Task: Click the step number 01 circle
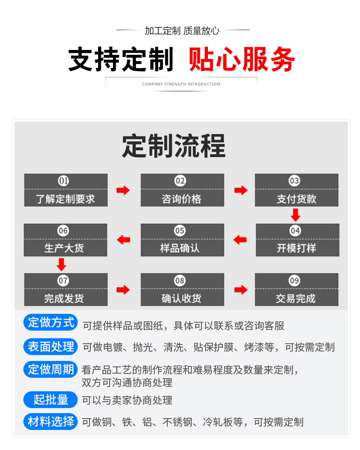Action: [x=63, y=181]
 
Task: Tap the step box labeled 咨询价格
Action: [x=182, y=190]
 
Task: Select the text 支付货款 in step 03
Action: [x=297, y=199]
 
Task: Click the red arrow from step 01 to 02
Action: [x=123, y=190]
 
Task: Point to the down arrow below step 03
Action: [x=295, y=215]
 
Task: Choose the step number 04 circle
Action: [x=295, y=230]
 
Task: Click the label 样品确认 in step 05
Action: [x=180, y=248]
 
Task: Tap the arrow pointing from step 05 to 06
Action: [x=123, y=240]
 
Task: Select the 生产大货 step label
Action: [x=64, y=248]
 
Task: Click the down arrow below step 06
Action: [x=62, y=265]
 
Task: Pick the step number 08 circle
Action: [x=180, y=280]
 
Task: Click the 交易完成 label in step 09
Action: [x=296, y=299]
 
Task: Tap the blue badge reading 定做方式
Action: [x=51, y=322]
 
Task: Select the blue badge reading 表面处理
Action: [x=51, y=346]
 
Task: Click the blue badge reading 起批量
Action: [x=51, y=400]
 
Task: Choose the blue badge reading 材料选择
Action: [x=51, y=422]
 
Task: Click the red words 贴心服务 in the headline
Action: [x=242, y=59]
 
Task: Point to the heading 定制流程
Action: [x=174, y=146]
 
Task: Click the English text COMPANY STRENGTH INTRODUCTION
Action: [x=181, y=84]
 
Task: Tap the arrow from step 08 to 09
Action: [x=241, y=289]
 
